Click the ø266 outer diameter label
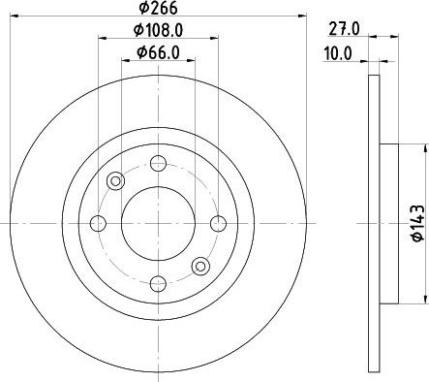(x=158, y=8)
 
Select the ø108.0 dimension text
(x=158, y=30)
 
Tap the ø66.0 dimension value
(x=158, y=52)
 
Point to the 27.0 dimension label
(x=344, y=29)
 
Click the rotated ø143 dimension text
(x=418, y=223)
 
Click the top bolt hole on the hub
(x=158, y=163)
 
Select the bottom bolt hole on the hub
(x=158, y=284)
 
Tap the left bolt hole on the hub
(x=98, y=223)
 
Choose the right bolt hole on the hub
(x=219, y=223)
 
